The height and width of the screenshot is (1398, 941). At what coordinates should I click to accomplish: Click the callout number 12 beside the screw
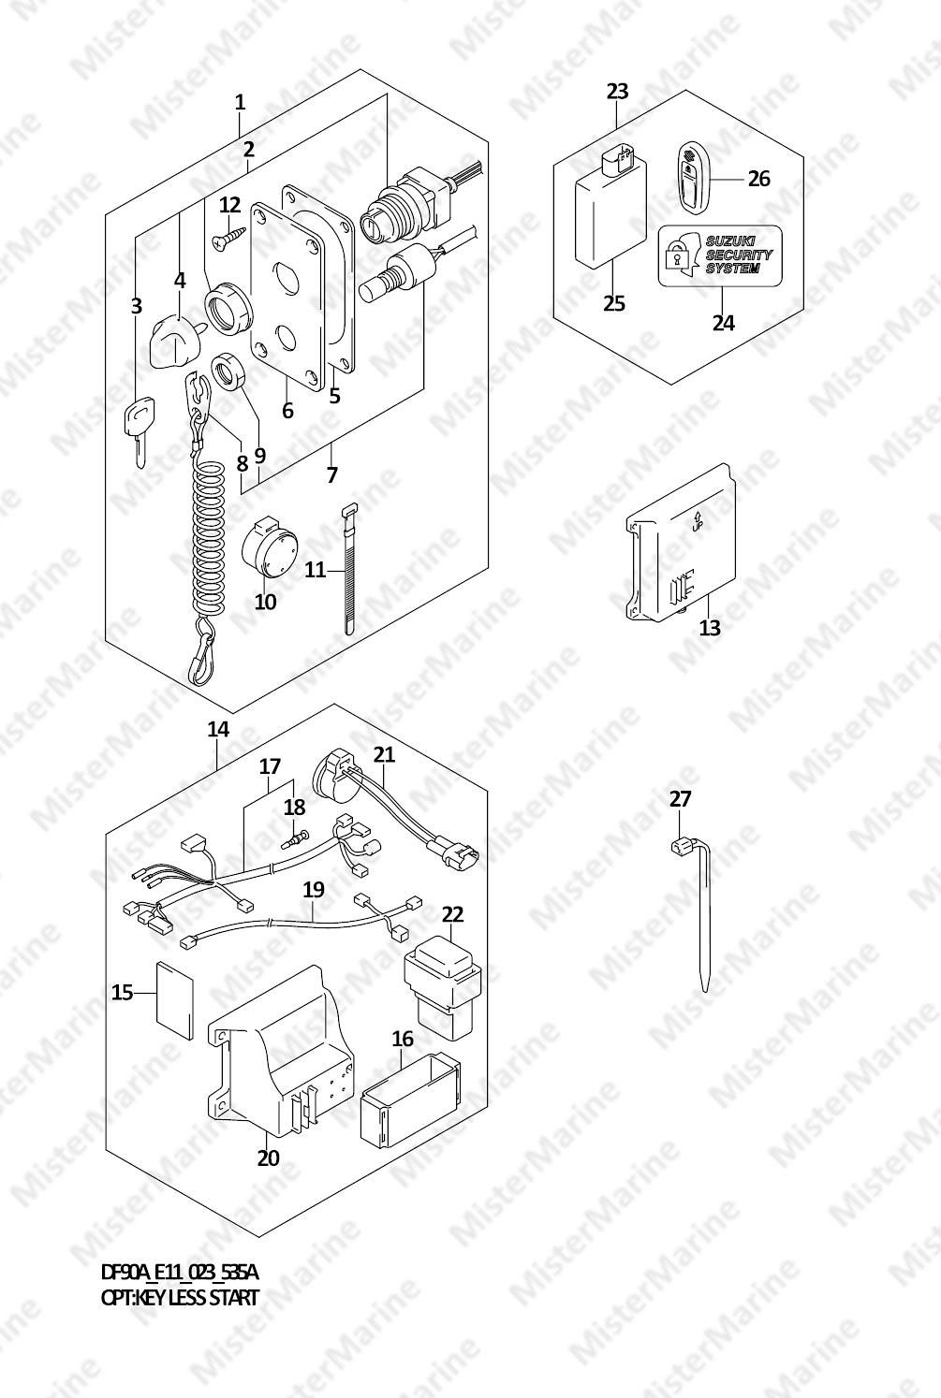(x=229, y=205)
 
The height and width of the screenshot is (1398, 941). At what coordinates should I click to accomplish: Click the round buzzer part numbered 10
(x=269, y=546)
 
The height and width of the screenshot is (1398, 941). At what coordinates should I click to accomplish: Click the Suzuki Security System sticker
(x=720, y=255)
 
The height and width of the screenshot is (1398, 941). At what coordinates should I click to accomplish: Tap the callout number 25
(x=614, y=303)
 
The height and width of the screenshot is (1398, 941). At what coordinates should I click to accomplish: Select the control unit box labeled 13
(x=680, y=544)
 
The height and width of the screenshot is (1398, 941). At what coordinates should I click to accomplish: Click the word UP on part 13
(x=698, y=527)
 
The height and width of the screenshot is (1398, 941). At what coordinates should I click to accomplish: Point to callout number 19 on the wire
(x=314, y=889)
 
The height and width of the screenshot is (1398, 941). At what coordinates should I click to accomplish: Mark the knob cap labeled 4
(x=175, y=341)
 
